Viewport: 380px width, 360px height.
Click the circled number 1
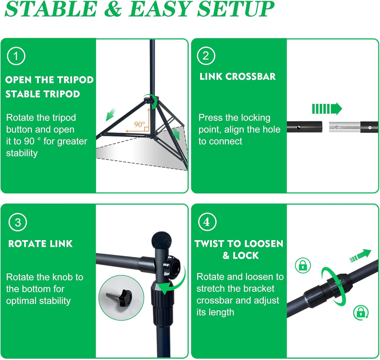pyautogui.click(x=16, y=56)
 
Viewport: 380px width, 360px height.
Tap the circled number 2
pyautogui.click(x=206, y=56)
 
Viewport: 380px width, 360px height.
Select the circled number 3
pyautogui.click(x=18, y=222)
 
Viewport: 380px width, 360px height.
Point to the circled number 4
pyautogui.click(x=207, y=222)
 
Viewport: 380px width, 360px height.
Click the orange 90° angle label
pyautogui.click(x=139, y=124)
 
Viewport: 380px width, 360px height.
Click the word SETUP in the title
pyautogui.click(x=235, y=9)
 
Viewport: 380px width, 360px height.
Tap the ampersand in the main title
pyautogui.click(x=113, y=9)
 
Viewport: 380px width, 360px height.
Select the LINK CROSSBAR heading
pyautogui.click(x=237, y=76)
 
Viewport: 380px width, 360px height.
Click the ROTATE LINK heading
pyautogui.click(x=40, y=244)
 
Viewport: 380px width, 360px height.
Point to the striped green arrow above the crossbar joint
pyautogui.click(x=327, y=109)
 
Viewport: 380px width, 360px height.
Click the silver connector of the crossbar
pyautogui.click(x=344, y=127)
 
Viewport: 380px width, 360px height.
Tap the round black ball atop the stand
pyautogui.click(x=161, y=240)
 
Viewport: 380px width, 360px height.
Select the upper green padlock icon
pyautogui.click(x=303, y=265)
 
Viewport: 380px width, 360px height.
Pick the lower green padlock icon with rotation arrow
pyautogui.click(x=361, y=313)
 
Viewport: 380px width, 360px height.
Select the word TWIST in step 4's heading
pyautogui.click(x=210, y=244)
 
